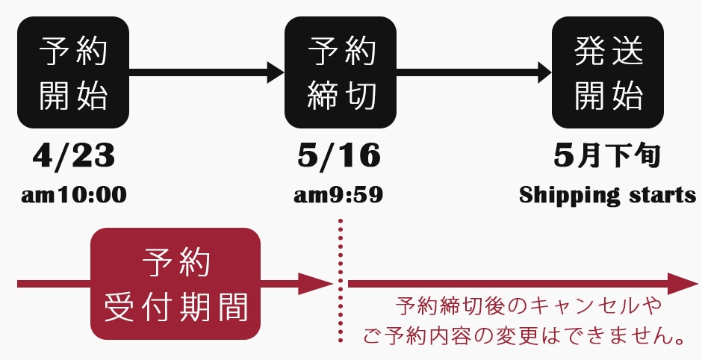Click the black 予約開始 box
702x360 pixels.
click(x=73, y=72)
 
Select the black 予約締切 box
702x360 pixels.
click(x=341, y=72)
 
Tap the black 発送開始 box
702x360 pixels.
click(x=608, y=72)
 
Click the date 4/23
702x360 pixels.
click(x=73, y=156)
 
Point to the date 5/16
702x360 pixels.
click(x=339, y=156)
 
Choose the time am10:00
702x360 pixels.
click(x=74, y=195)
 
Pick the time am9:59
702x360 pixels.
click(x=338, y=195)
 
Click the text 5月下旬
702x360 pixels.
click(x=607, y=156)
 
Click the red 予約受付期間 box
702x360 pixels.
click(x=175, y=284)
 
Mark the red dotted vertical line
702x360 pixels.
click(x=341, y=281)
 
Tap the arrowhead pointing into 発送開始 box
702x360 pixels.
click(x=543, y=72)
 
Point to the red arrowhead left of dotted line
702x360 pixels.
click(x=316, y=284)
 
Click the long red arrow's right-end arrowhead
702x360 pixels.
click(x=683, y=284)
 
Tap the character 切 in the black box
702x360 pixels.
click(x=360, y=96)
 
